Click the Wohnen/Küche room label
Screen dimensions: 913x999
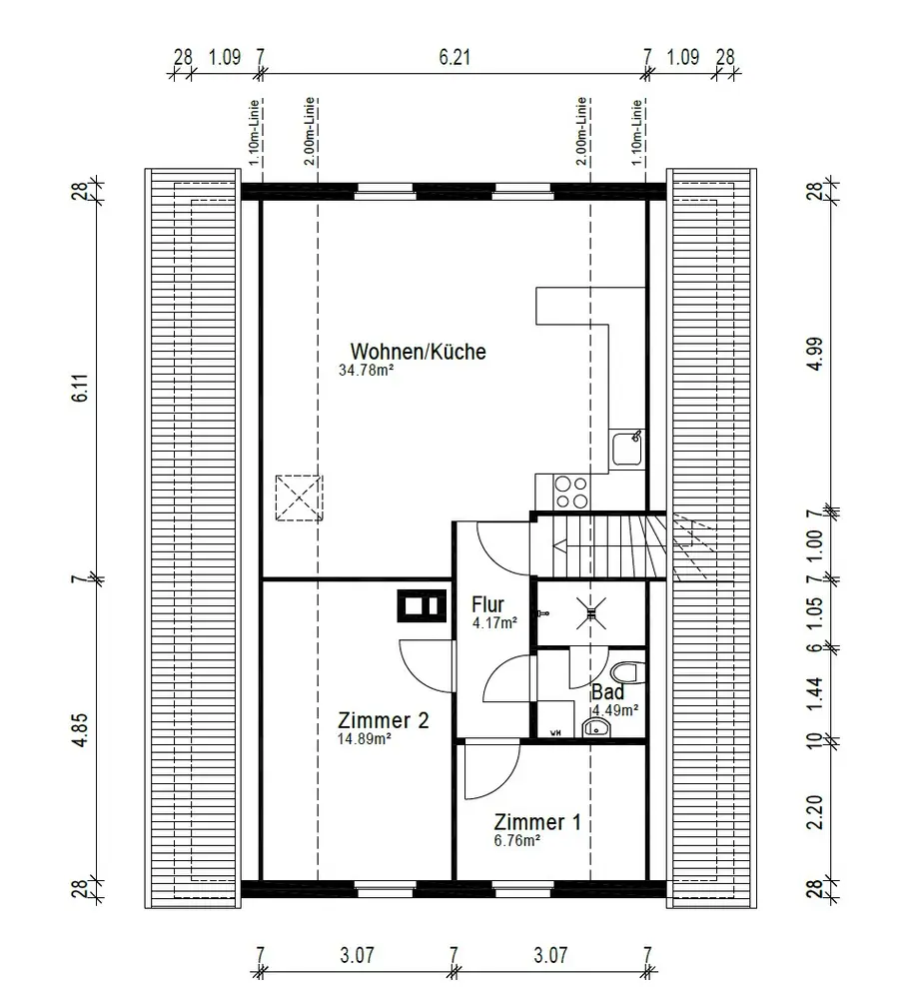418,351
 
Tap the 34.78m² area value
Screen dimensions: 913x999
366,371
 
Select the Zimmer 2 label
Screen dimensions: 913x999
383,720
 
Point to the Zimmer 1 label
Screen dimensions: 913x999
537,822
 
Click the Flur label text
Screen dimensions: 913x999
487,604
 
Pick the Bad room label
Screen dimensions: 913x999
607,692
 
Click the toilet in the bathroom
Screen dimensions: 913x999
628,672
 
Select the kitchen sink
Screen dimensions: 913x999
627,449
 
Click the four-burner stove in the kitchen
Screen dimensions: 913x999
570,493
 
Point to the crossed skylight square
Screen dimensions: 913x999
299,498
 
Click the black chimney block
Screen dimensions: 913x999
422,605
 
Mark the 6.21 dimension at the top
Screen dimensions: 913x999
455,57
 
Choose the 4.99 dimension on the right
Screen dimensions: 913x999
815,354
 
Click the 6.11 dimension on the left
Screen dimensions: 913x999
80,388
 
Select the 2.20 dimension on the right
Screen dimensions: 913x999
815,811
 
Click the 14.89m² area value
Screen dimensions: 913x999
364,739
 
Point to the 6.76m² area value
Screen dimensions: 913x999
516,840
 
